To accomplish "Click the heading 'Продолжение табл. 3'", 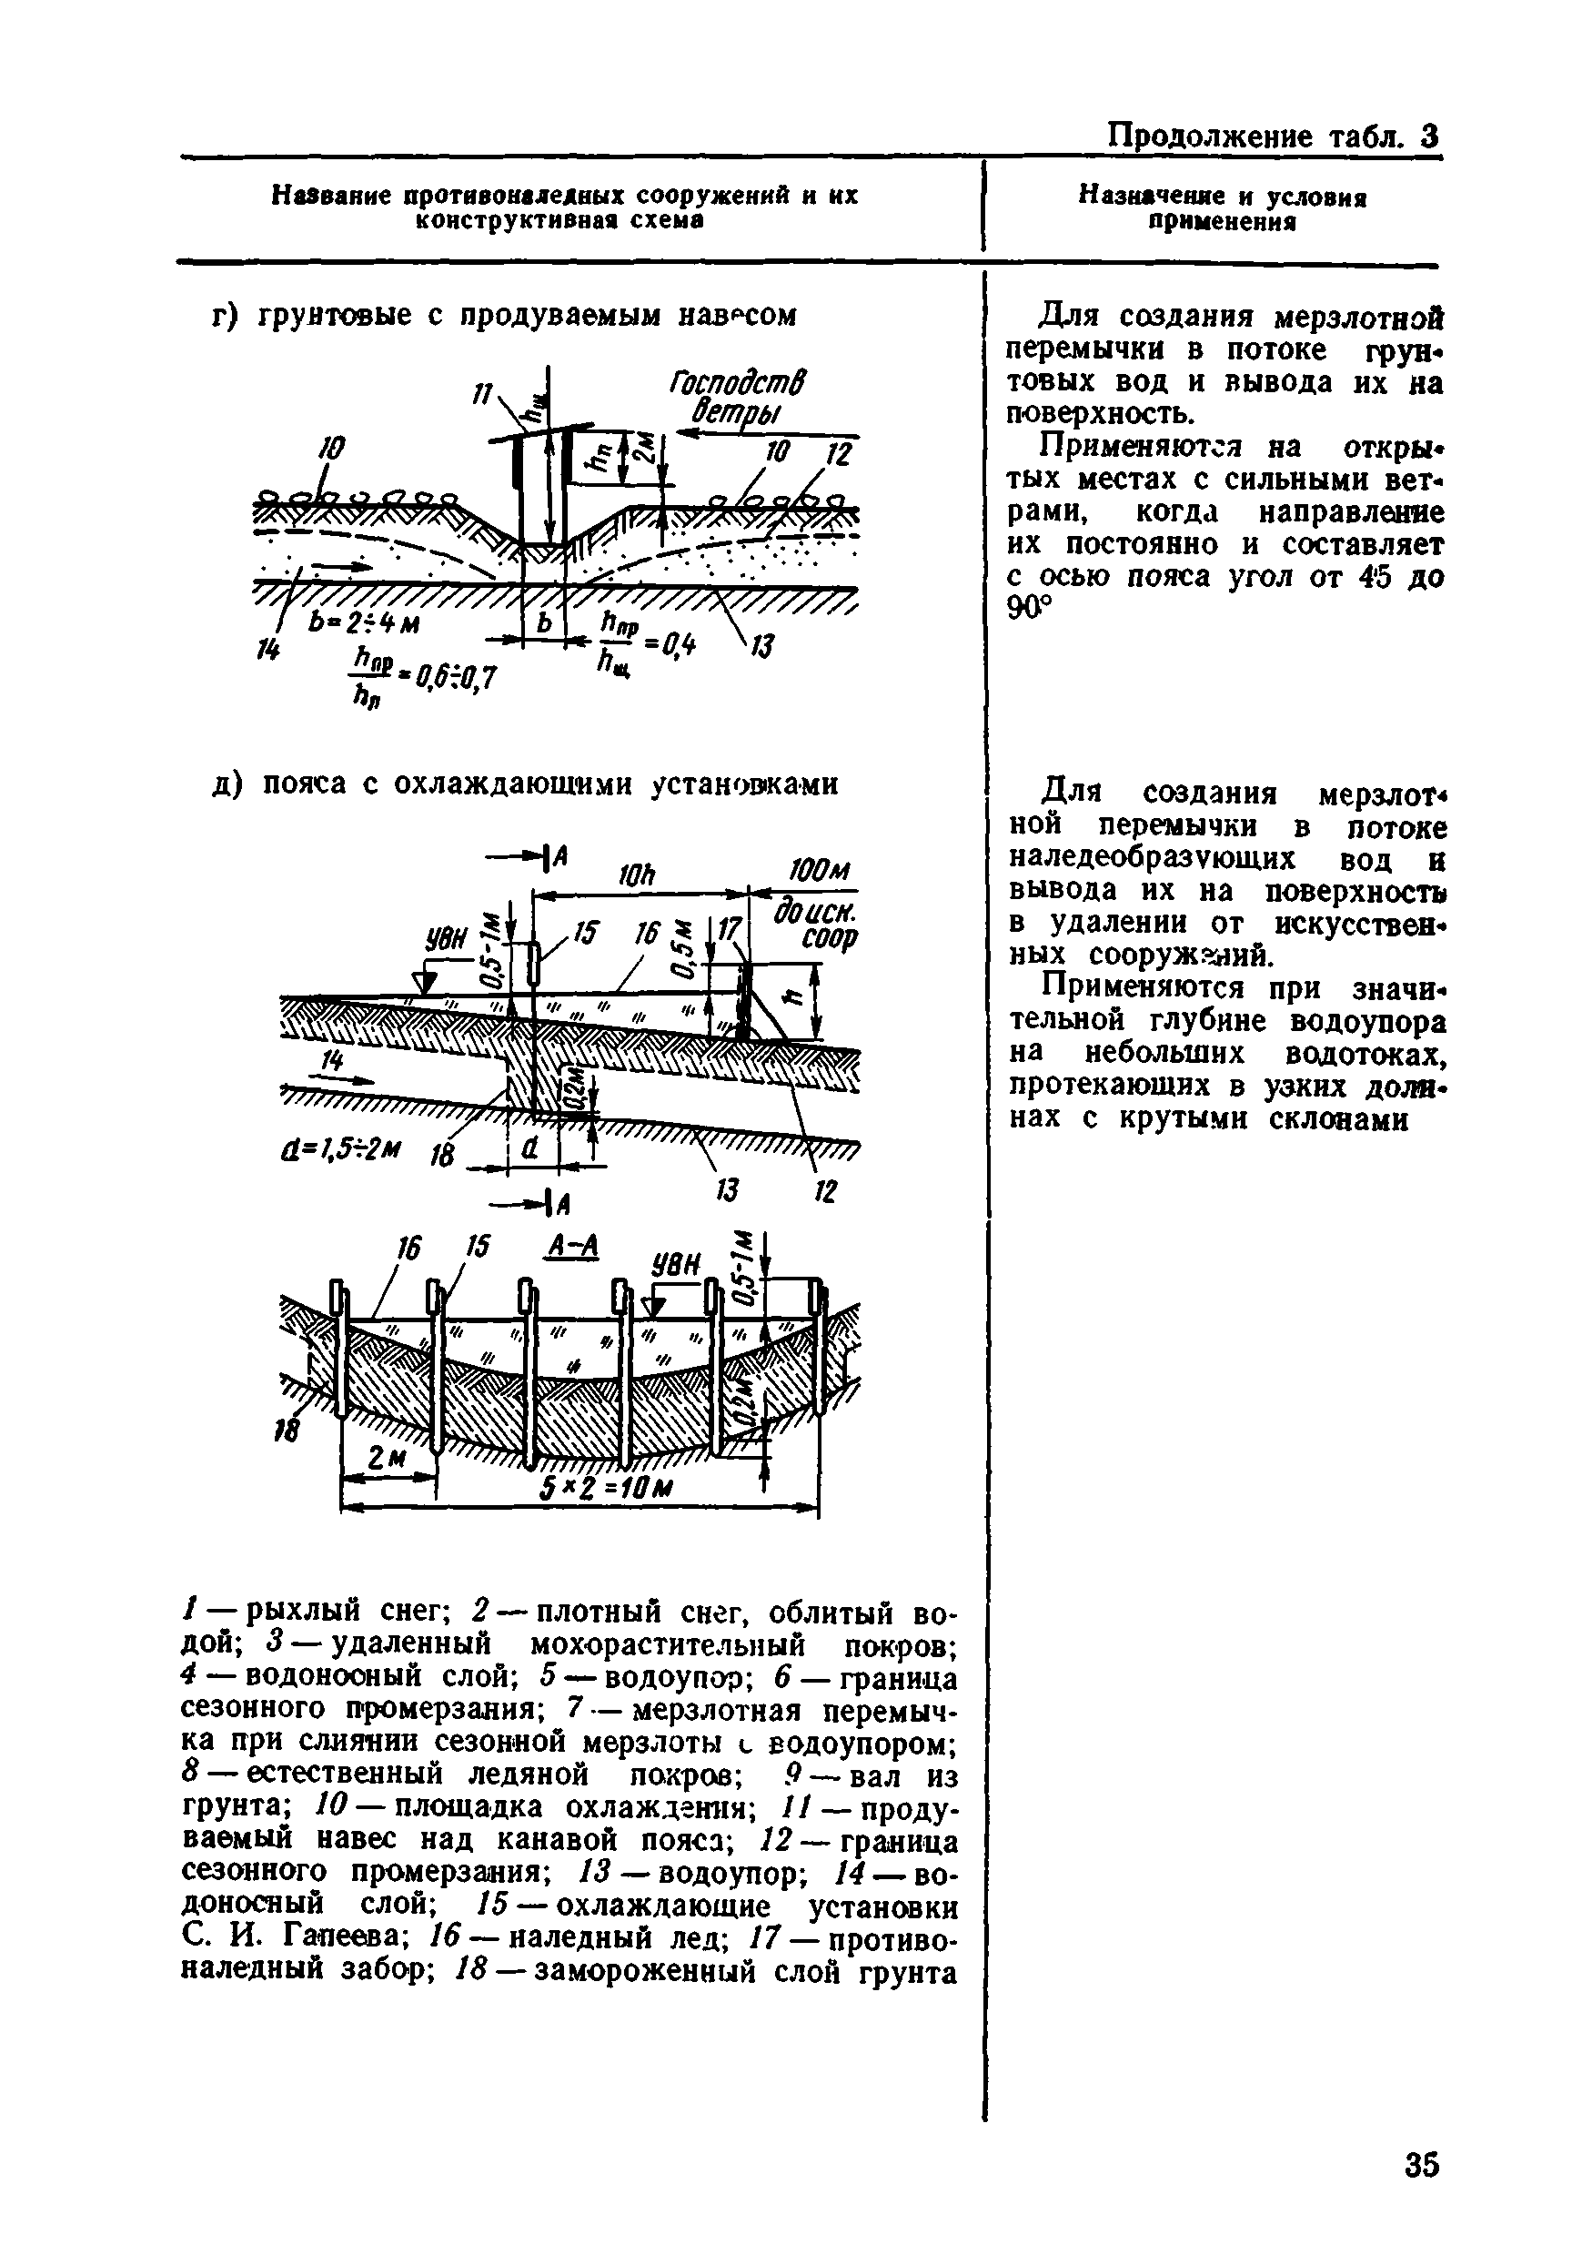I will coord(1274,135).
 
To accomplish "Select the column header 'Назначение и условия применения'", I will coord(1223,209).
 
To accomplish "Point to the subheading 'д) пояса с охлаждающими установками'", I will coord(526,784).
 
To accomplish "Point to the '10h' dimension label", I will coord(638,875).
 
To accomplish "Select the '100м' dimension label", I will coord(819,872).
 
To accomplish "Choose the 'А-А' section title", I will coord(572,1248).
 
